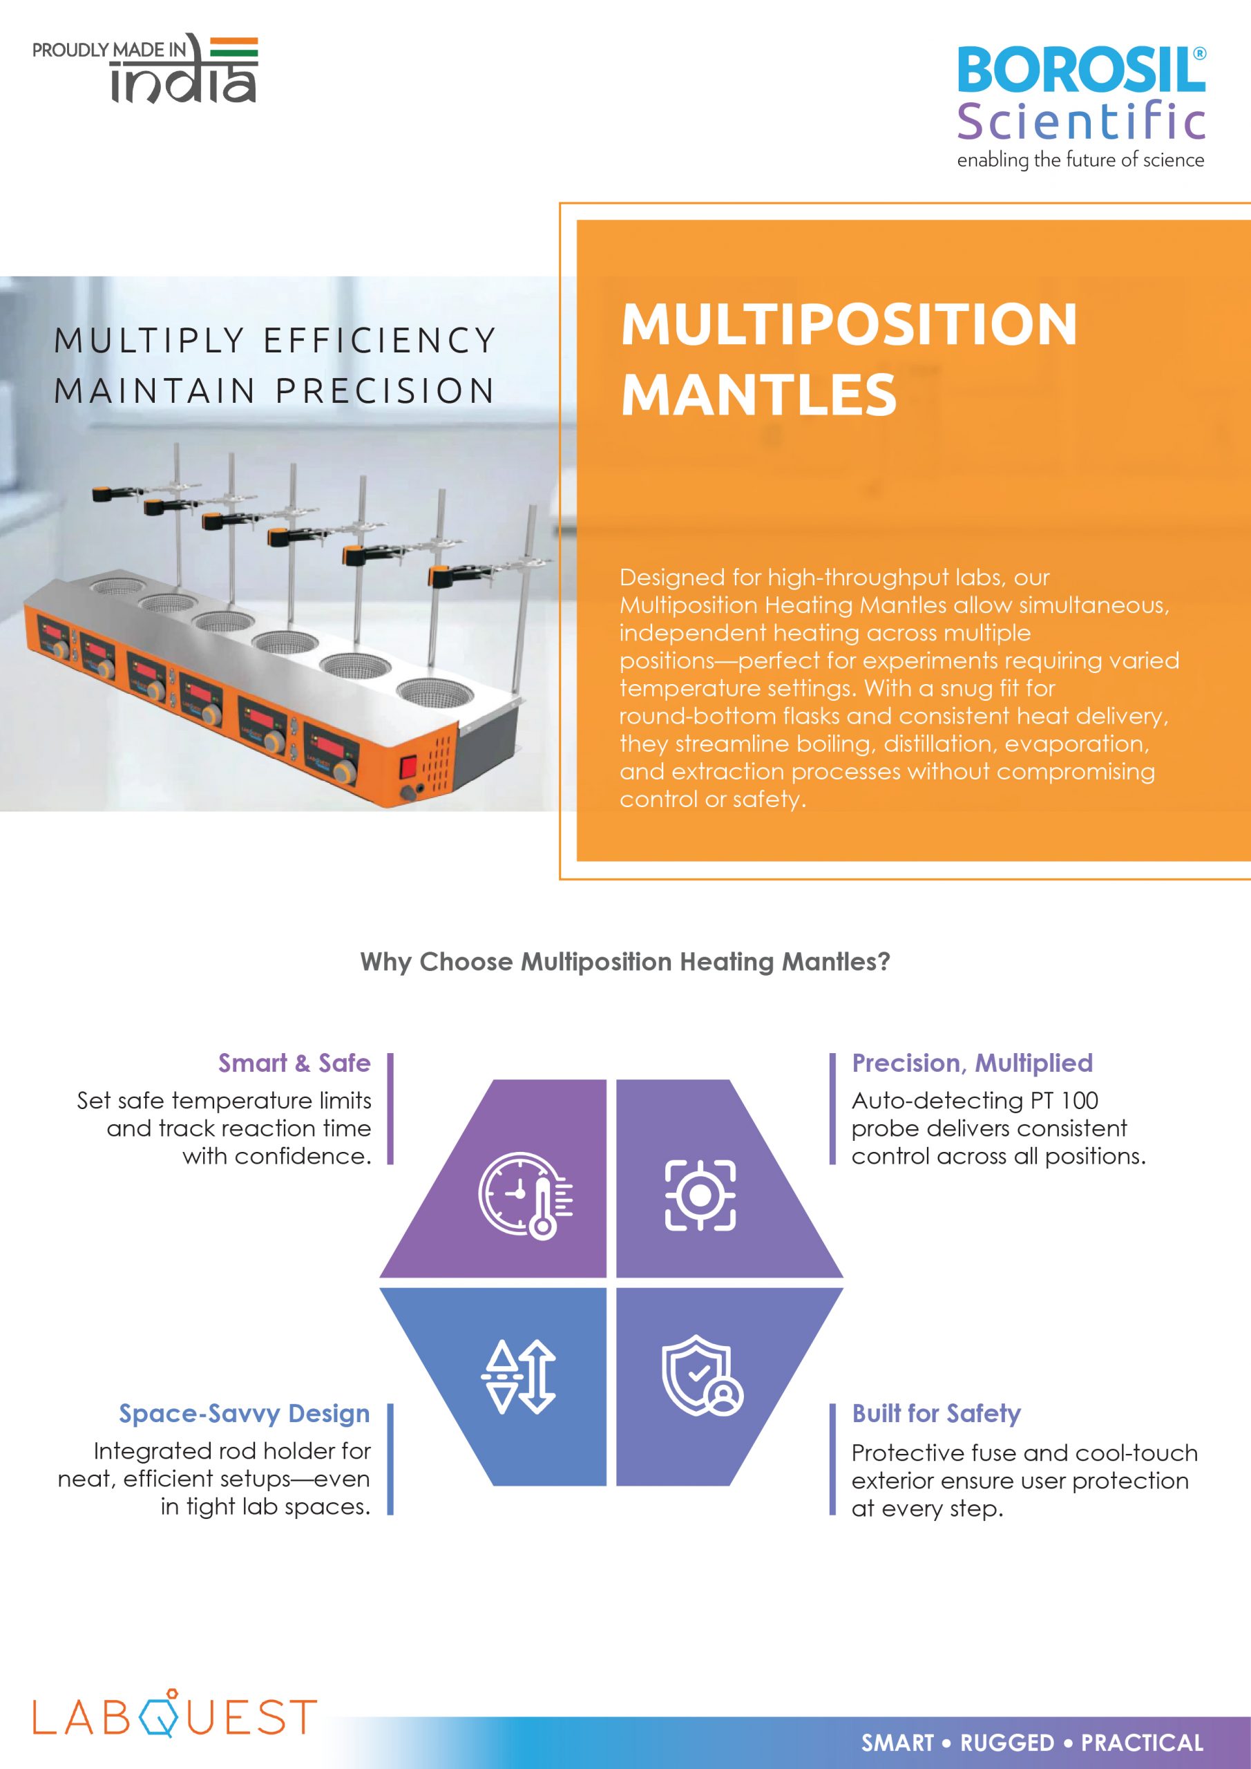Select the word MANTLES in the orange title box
(x=758, y=395)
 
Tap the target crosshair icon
(x=700, y=1195)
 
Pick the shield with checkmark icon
(x=702, y=1376)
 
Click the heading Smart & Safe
(x=294, y=1063)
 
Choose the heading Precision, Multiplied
(x=972, y=1063)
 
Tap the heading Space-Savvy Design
(x=245, y=1414)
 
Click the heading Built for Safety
(x=936, y=1414)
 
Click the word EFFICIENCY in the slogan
(x=380, y=341)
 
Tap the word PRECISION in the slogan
(x=385, y=390)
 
